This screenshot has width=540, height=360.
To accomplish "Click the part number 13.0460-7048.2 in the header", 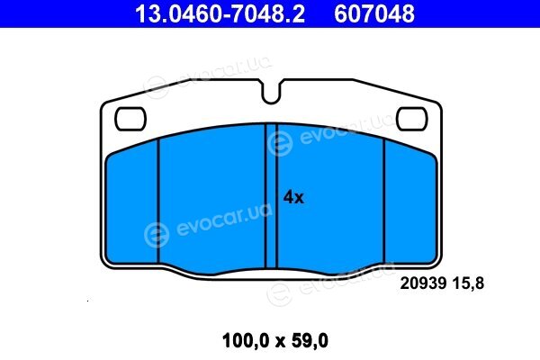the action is click(220, 13).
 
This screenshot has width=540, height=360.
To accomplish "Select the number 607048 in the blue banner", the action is click(374, 13).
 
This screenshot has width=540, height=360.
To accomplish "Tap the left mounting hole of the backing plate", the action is click(130, 119).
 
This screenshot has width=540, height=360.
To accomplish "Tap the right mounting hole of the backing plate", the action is click(411, 119).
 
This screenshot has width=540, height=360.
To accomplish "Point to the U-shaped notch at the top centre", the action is click(271, 100).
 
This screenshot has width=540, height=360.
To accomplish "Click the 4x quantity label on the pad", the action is click(293, 198).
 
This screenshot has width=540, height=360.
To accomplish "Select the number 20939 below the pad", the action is click(423, 283).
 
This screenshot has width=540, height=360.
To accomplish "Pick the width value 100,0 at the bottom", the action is click(245, 341).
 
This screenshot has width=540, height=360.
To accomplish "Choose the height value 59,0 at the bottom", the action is click(310, 341).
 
